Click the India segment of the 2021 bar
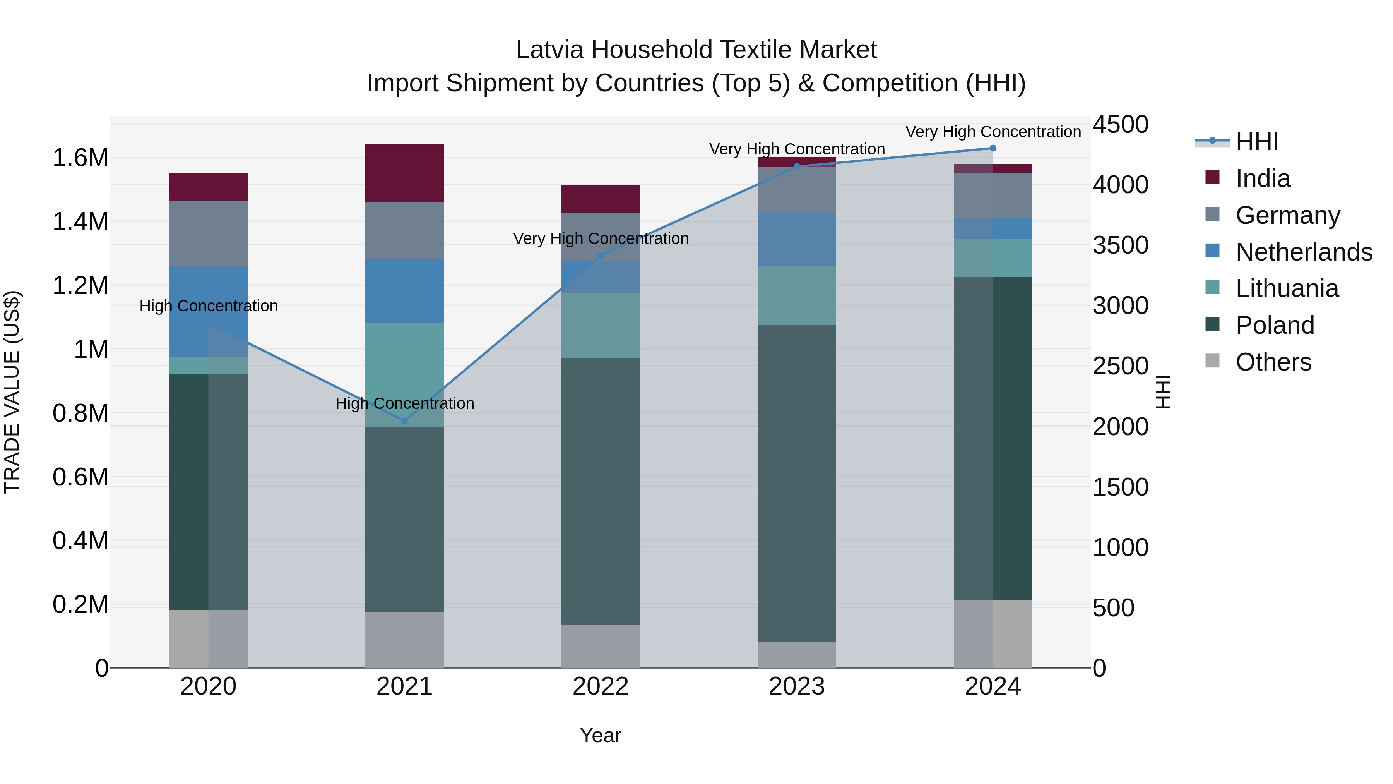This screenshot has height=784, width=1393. (404, 173)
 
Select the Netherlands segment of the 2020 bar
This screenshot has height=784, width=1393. (208, 311)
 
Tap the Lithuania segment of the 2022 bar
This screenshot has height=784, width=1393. (600, 325)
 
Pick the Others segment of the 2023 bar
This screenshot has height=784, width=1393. (797, 654)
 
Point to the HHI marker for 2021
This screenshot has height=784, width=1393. (404, 420)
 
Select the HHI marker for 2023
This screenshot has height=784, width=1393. (797, 166)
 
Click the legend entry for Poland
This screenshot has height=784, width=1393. (1274, 325)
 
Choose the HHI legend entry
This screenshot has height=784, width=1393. (1256, 142)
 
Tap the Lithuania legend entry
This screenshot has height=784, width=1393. (1287, 288)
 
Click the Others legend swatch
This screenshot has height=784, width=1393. (1212, 361)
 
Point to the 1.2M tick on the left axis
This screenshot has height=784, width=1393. (80, 285)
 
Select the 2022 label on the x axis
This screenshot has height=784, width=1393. (600, 686)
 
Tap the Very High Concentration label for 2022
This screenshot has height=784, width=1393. (600, 238)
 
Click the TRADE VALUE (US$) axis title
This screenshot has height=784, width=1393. (12, 392)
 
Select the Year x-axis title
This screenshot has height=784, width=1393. (600, 735)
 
